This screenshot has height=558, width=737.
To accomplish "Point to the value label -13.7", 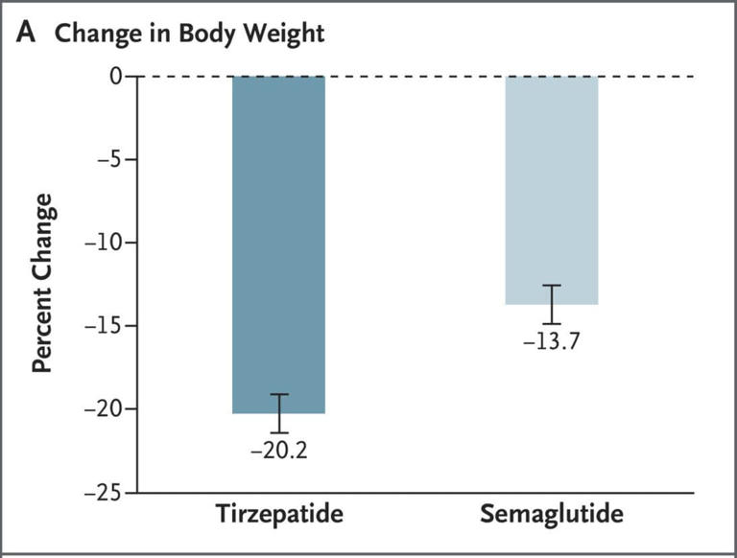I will (552, 341).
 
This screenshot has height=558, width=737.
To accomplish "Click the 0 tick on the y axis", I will (115, 76).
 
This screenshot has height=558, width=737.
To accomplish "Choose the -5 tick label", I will (107, 159).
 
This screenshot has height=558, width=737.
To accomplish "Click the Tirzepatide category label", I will (279, 515).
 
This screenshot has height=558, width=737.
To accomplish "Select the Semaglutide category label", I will (552, 515).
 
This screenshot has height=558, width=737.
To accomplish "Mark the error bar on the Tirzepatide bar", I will (279, 413).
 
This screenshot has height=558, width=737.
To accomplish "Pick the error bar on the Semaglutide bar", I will (552, 304).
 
